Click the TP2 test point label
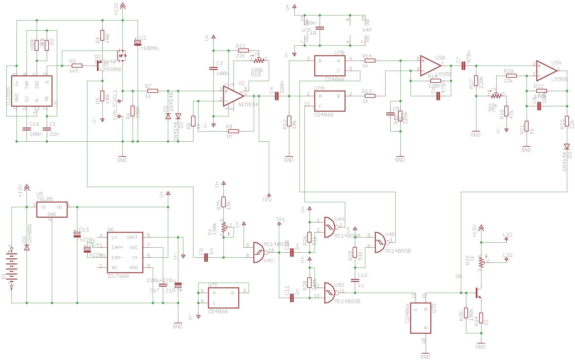267,200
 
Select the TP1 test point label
281,220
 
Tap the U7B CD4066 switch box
330,66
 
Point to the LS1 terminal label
508,235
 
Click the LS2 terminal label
508,255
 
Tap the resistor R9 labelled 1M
232,131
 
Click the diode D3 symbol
567,146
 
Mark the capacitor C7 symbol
463,66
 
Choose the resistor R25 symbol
223,202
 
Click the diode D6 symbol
27,247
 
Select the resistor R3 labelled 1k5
77,66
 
